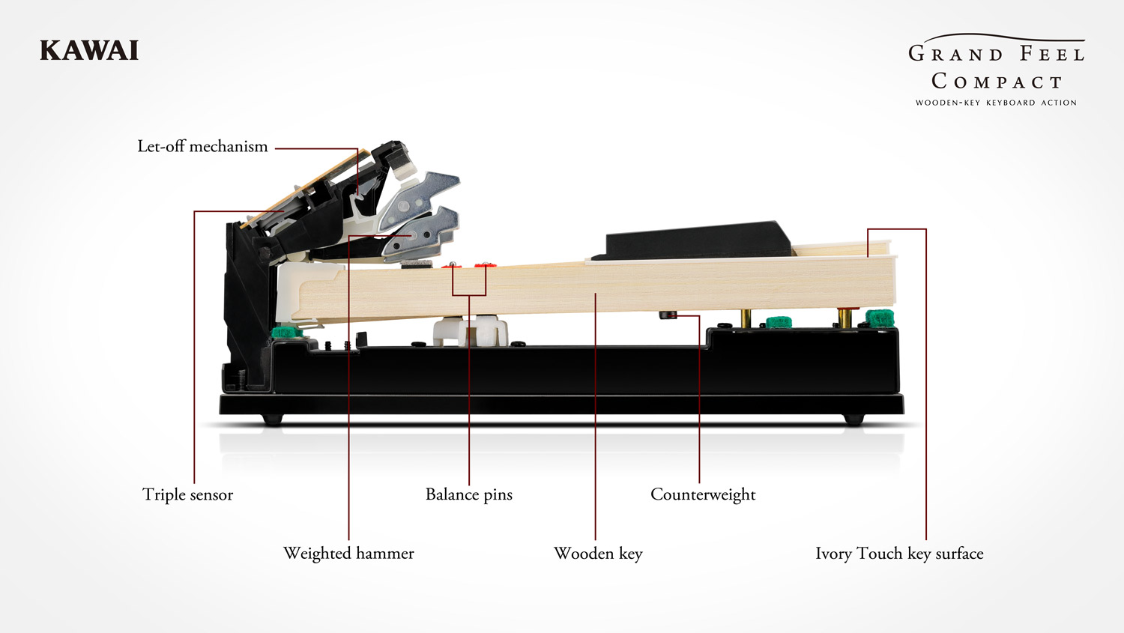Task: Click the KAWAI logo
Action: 89,51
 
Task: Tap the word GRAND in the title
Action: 955,54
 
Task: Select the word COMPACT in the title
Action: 997,81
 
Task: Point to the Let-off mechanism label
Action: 202,146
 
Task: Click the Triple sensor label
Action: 187,494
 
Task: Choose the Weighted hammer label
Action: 348,553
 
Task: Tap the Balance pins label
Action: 469,494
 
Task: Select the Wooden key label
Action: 598,553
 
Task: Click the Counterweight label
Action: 703,494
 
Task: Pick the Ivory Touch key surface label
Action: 899,553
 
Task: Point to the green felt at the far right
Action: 880,318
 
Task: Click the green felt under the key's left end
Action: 285,332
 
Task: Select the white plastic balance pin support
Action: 472,330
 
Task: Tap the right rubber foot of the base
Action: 853,420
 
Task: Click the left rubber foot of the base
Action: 273,420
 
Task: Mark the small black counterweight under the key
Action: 667,315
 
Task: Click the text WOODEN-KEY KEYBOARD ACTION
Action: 996,103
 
